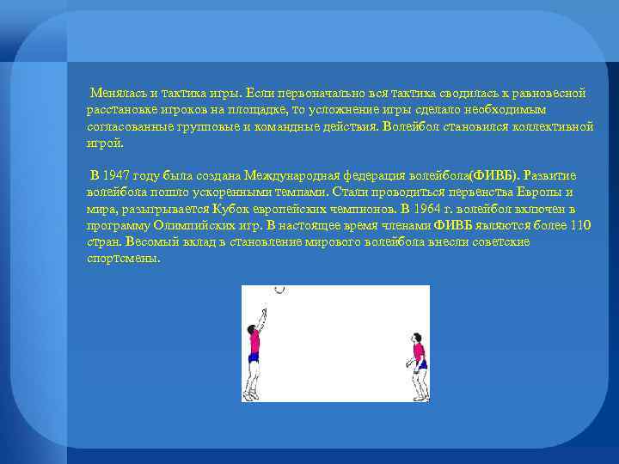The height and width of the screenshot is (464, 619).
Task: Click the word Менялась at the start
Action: coord(113,93)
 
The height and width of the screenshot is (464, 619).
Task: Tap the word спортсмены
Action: coord(123,258)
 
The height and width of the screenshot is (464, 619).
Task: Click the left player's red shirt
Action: coord(254,345)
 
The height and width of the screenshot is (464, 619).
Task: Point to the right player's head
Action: coord(418,337)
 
